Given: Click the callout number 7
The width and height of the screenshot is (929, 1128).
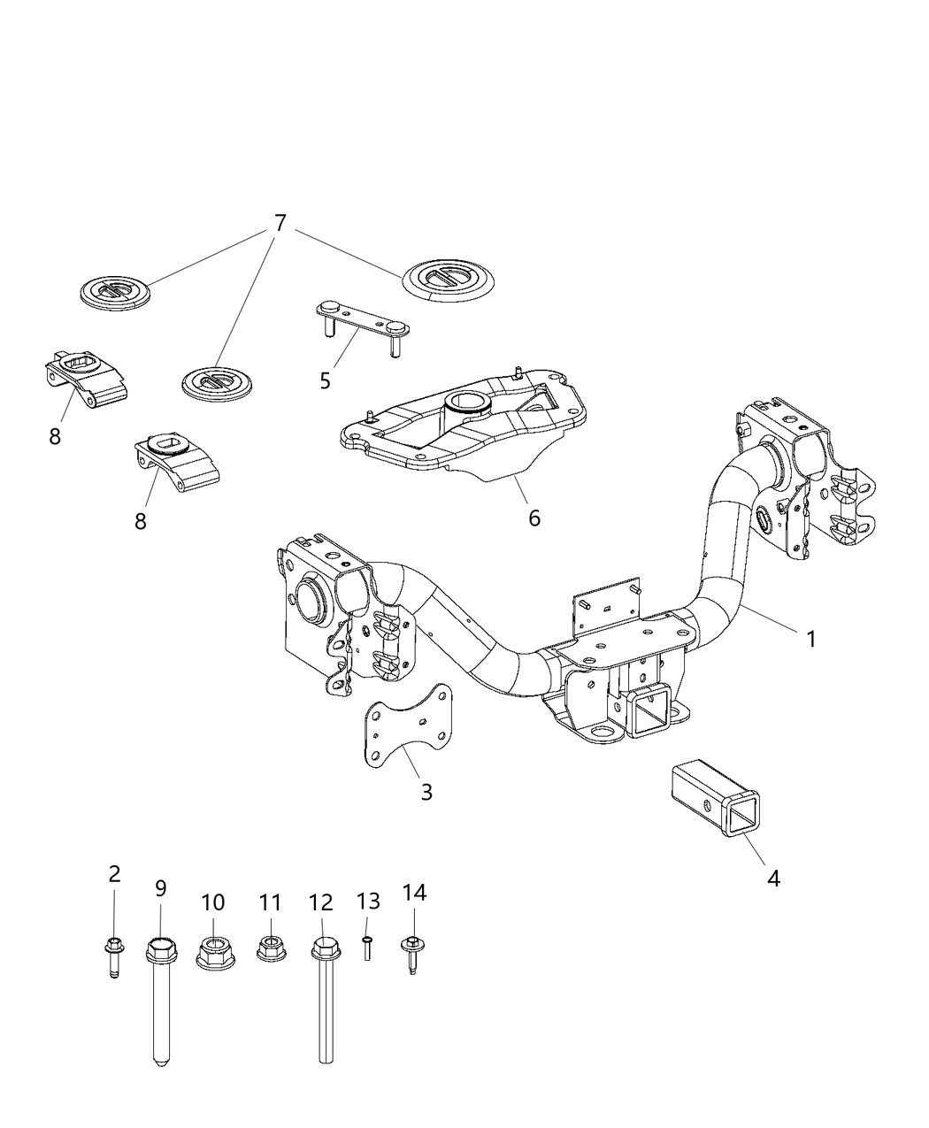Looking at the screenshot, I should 280,224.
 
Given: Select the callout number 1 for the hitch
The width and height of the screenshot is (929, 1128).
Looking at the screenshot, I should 810,638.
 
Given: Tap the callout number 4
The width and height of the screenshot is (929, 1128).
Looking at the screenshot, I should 773,879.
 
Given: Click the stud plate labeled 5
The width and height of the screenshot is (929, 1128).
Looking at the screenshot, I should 361,322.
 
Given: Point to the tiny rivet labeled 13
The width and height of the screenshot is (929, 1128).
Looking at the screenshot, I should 367,949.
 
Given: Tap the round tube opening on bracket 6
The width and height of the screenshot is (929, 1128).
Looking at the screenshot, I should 466,404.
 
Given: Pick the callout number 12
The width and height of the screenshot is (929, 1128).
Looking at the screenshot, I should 320,903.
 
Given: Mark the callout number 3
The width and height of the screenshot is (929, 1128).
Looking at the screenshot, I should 426,792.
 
